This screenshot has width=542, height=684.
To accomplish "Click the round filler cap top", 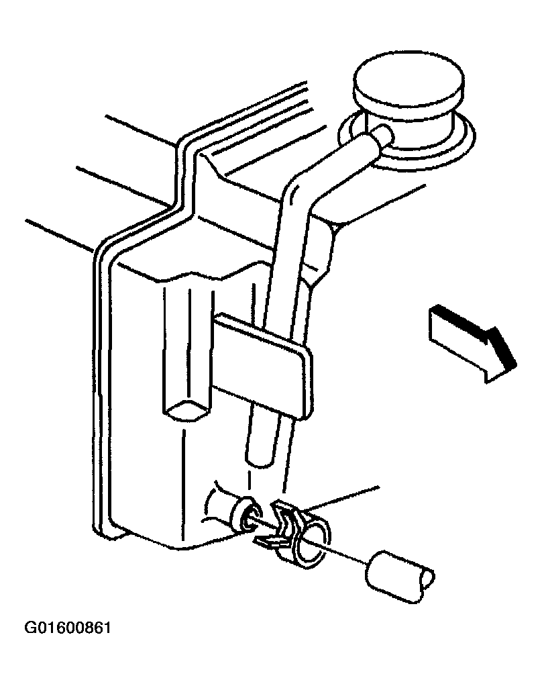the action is [x=408, y=86].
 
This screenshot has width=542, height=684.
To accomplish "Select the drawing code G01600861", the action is [x=68, y=628].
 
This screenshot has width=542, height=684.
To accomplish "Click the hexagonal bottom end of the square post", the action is [x=185, y=411].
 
